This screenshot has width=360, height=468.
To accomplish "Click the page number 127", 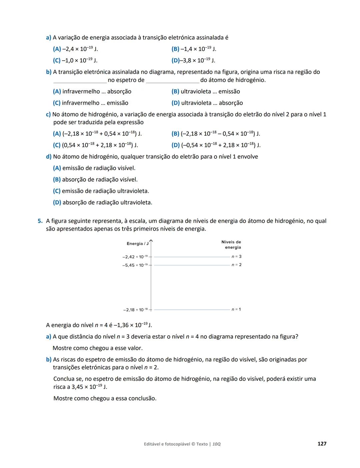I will pyautogui.click(x=322, y=444).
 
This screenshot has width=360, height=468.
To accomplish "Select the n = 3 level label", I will pyautogui.click(x=236, y=256).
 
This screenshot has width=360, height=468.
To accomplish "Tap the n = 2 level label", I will pyautogui.click(x=236, y=265).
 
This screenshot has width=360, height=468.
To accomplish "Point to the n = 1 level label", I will pyautogui.click(x=236, y=309).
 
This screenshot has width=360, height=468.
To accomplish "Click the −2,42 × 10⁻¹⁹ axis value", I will pyautogui.click(x=135, y=257).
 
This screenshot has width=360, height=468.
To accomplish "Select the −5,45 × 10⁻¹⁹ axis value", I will pyautogui.click(x=135, y=265).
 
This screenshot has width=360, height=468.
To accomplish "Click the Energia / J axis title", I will pyautogui.click(x=137, y=244).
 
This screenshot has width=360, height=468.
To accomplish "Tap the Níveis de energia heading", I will pyautogui.click(x=231, y=244).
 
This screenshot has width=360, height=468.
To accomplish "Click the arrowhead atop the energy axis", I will pyautogui.click(x=151, y=240).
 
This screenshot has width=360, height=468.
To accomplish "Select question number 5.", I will pyautogui.click(x=40, y=221).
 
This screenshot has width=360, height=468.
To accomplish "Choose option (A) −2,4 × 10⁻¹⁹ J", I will pyautogui.click(x=75, y=49).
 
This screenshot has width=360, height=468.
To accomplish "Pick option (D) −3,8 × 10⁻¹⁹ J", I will pyautogui.click(x=193, y=60).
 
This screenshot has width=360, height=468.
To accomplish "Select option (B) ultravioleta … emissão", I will pyautogui.click(x=206, y=92).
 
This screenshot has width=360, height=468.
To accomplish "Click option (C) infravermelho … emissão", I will pyautogui.click(x=90, y=103).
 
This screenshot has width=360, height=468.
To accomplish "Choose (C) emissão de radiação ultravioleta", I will pyautogui.click(x=101, y=191).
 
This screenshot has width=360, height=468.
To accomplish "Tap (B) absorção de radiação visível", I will pyautogui.click(x=95, y=180).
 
